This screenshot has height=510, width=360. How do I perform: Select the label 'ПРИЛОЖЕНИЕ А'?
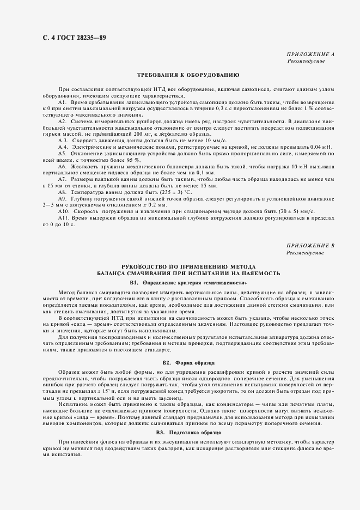click(x=310, y=55)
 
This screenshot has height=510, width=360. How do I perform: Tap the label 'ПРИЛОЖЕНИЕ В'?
click(x=310, y=246)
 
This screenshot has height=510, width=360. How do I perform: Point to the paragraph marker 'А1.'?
click(x=62, y=102)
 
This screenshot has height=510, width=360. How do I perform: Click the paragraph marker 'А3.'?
click(x=63, y=141)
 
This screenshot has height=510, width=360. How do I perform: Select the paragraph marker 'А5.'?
click(x=63, y=153)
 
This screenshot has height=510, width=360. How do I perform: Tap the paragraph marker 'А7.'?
click(x=63, y=179)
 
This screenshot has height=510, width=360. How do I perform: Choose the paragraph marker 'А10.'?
click(x=64, y=210)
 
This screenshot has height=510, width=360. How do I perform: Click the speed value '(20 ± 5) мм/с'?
click(x=305, y=210)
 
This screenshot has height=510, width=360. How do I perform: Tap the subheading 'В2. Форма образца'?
click(x=188, y=362)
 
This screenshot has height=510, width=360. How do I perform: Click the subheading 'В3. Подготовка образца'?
click(x=188, y=432)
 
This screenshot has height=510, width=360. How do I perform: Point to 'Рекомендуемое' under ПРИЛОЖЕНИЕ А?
click(x=306, y=62)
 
